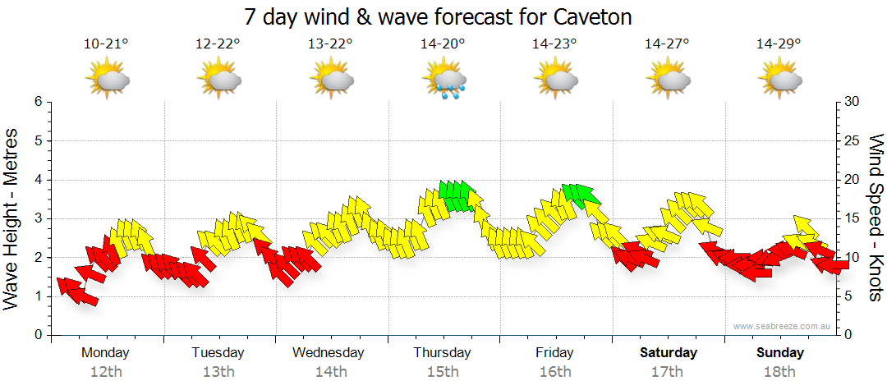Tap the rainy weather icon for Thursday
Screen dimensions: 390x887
point(444,80)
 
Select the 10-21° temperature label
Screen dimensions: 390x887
point(106,44)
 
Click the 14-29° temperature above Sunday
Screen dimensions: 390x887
point(779,44)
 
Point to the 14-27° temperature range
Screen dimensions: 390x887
point(666,44)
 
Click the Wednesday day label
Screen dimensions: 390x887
point(329,353)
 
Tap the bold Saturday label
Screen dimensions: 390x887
point(669,353)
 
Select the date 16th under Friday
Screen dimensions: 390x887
point(555,372)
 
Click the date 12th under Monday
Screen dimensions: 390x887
point(106,372)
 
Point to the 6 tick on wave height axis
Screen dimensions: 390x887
point(37,102)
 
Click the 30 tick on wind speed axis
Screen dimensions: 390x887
point(852,102)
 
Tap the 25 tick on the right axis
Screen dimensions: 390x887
point(852,140)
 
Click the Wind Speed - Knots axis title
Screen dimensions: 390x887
point(876,218)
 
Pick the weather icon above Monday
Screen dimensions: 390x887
point(107,80)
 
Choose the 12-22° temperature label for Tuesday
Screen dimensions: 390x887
point(218,44)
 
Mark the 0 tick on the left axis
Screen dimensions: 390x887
point(37,335)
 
